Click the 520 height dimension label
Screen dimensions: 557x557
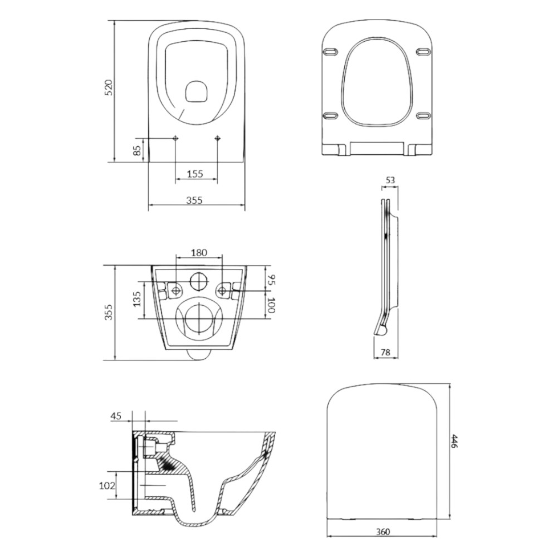tap(109, 87)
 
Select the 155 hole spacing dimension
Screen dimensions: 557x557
tap(195, 174)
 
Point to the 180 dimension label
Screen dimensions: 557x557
tap(199, 253)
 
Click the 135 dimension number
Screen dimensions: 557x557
tap(138, 299)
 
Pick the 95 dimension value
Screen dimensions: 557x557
tap(271, 280)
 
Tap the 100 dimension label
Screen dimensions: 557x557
tap(271, 305)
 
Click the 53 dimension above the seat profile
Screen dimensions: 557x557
tap(390, 180)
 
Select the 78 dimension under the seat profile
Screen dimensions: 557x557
tap(385, 352)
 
